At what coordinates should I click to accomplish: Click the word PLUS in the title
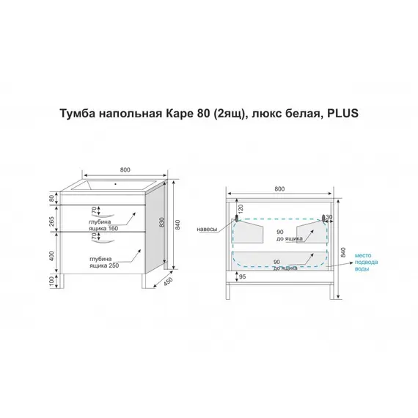pos(342,113)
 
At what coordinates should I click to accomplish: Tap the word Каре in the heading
pos(177,114)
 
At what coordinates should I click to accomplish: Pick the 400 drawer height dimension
pos(52,256)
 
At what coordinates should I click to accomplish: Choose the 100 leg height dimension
pos(52,280)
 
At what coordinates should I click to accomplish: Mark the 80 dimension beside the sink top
pos(52,198)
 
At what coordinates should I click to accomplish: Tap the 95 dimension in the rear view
pos(242,277)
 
